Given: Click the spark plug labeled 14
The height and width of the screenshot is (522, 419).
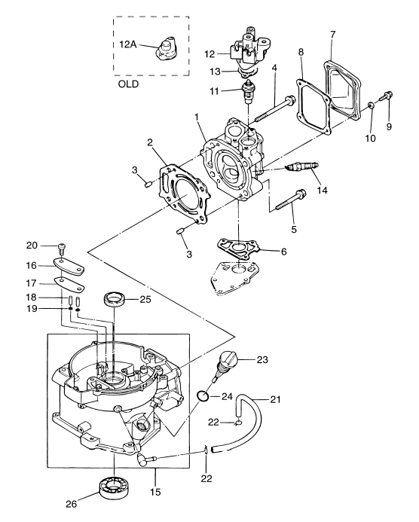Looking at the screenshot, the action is coord(302,166).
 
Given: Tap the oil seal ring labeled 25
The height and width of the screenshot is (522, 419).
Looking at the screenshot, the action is coord(115,298).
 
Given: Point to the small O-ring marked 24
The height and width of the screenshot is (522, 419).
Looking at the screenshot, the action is coord(203,396).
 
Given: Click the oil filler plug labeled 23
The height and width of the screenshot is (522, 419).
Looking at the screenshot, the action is coord(225,365).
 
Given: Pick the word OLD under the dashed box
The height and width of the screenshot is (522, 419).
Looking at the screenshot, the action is coord(128,84).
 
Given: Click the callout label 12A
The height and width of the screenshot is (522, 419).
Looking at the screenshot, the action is coord(128,44).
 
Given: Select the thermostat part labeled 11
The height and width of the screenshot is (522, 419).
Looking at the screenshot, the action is coord(248,90).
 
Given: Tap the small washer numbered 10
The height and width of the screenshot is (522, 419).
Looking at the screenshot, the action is coord(371,106).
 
